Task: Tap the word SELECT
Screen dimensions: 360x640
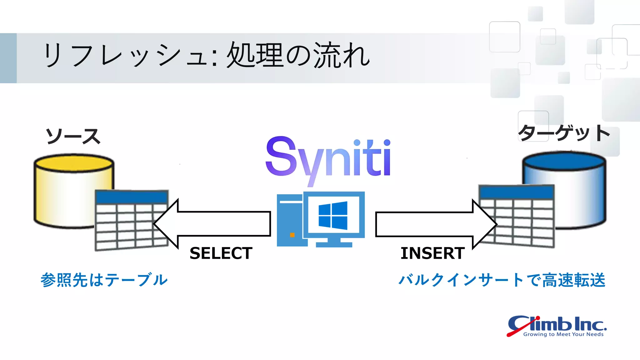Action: [221, 253]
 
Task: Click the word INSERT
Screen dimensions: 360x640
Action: [432, 253]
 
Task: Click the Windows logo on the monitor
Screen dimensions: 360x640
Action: [333, 215]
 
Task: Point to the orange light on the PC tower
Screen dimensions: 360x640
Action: [292, 235]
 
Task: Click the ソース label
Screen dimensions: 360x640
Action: [73, 137]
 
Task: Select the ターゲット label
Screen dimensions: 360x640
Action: [564, 133]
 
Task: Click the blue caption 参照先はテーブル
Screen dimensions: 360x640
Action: [104, 280]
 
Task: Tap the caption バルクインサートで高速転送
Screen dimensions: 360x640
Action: [502, 280]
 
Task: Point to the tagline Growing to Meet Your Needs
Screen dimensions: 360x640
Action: [563, 334]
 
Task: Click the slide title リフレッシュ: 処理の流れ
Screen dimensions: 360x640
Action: [206, 56]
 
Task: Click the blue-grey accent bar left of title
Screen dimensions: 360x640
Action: [8, 58]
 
